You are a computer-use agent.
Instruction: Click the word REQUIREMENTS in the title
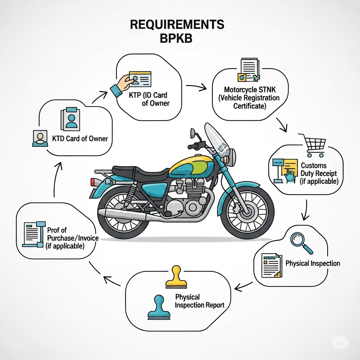click(x=177, y=25)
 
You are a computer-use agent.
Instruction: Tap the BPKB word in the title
click(x=176, y=38)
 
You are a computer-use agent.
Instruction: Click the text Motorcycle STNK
click(x=248, y=90)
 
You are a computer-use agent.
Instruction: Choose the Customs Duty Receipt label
click(x=319, y=173)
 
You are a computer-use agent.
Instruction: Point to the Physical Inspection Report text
click(x=199, y=301)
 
